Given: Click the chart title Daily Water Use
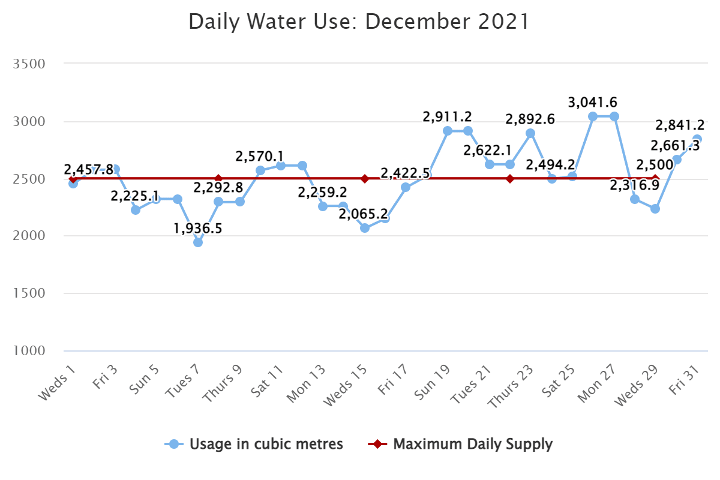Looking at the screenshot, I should pyautogui.click(x=359, y=22).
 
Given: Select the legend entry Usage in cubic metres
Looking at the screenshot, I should pyautogui.click(x=266, y=444).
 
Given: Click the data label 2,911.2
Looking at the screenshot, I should pyautogui.click(x=448, y=116).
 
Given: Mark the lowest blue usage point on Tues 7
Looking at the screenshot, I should pyautogui.click(x=198, y=242).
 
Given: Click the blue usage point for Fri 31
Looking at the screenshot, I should pyautogui.click(x=697, y=139).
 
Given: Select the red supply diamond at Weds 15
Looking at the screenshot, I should pyautogui.click(x=365, y=179).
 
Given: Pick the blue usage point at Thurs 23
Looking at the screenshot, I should pyautogui.click(x=530, y=133).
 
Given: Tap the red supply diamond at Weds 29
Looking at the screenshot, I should pyautogui.click(x=655, y=179).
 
